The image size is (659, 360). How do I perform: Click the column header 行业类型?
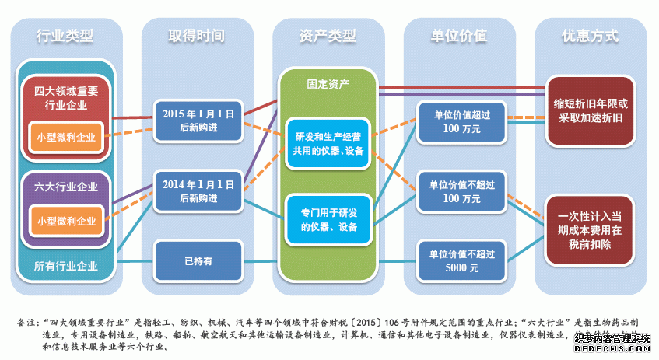65,36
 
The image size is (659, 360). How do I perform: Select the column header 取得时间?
196,36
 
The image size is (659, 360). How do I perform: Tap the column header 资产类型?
328,36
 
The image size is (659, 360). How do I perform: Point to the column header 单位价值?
459,36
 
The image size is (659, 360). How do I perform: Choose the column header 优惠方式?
590,36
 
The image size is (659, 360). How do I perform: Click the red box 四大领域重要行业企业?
65,98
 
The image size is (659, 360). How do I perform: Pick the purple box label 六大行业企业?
65,187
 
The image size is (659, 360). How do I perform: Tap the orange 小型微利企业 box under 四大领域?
66,137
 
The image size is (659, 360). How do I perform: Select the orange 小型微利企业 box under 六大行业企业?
66,221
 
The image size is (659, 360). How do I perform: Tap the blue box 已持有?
196,261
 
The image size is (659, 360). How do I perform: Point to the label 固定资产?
328,82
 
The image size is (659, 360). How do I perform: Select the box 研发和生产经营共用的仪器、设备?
327,143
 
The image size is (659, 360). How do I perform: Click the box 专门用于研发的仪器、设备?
327,218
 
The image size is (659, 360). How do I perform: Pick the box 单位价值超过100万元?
458,122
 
